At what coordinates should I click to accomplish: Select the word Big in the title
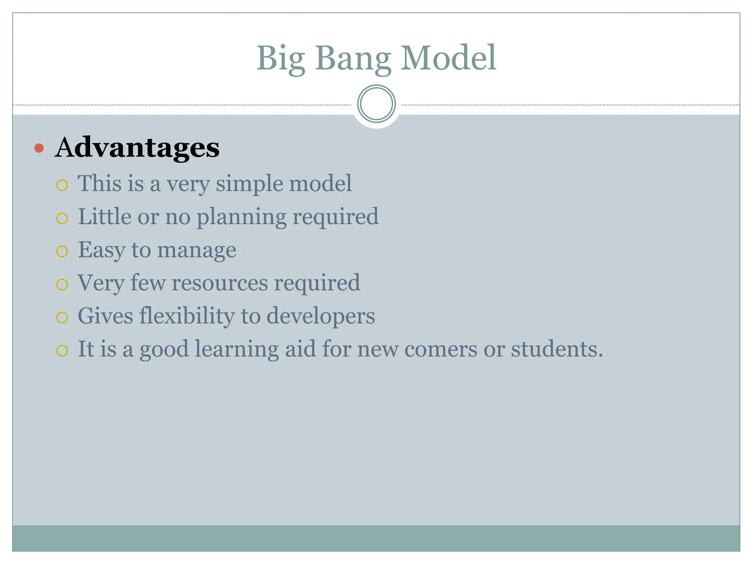click(281, 59)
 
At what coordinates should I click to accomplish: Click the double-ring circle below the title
click(376, 104)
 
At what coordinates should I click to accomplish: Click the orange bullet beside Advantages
click(39, 148)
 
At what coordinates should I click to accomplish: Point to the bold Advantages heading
click(137, 148)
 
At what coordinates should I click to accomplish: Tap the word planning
click(241, 217)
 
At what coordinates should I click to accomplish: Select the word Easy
click(101, 250)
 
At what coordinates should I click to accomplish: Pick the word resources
click(220, 283)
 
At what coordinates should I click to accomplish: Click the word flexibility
click(187, 316)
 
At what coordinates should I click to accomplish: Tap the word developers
click(320, 317)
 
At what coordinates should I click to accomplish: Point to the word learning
click(236, 349)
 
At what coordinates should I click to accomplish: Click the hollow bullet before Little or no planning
click(62, 218)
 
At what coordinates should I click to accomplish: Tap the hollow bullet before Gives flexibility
click(62, 318)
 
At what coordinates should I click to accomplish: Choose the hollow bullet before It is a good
click(62, 351)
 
